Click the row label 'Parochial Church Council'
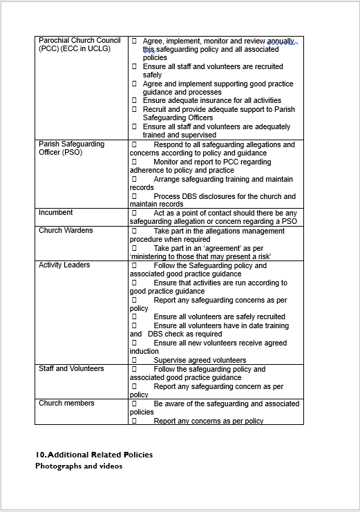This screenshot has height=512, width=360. (x=79, y=40)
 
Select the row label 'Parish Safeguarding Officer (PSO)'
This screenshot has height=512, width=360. (x=72, y=148)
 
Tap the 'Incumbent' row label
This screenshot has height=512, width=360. (x=56, y=213)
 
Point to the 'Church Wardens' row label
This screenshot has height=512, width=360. (x=66, y=230)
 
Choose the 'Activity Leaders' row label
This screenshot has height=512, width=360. (x=64, y=265)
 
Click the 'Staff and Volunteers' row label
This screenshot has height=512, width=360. (x=72, y=368)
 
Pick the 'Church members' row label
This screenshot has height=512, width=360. (x=66, y=403)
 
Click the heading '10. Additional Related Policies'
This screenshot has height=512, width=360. (x=94, y=455)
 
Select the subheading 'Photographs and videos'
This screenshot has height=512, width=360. (x=79, y=466)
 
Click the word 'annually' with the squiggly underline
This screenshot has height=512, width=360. (x=280, y=41)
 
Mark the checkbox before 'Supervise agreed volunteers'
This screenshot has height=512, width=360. (x=134, y=360)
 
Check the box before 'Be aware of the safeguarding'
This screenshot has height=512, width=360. (x=134, y=404)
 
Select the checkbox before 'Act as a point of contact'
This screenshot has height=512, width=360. (x=134, y=213)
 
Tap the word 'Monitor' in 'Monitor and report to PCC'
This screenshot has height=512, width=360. (x=167, y=162)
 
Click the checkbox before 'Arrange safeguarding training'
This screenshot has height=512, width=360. (x=134, y=179)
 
